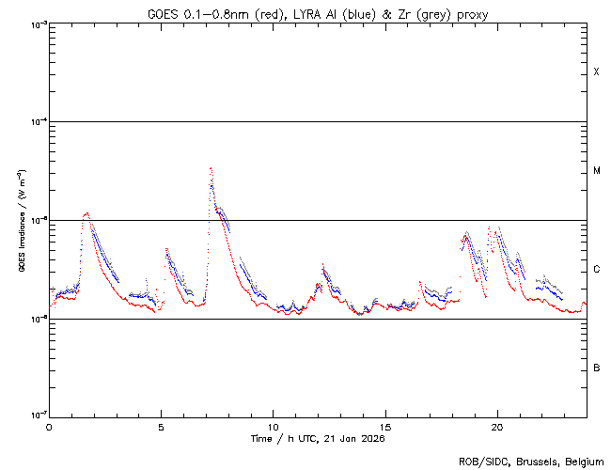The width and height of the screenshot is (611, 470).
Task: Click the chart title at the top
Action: tap(318, 13)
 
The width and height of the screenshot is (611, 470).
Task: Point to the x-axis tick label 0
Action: tap(49, 426)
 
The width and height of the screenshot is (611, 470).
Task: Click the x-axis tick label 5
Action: tap(162, 426)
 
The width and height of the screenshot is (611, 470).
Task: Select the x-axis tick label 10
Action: tap(273, 426)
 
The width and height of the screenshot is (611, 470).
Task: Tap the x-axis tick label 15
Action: tap(385, 426)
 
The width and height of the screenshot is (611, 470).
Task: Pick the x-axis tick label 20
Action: tap(497, 426)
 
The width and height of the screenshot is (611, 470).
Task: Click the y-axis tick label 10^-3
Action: tap(36, 24)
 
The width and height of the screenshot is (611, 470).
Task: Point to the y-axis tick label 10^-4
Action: tap(36, 122)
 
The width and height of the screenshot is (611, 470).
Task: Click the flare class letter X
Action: tap(596, 72)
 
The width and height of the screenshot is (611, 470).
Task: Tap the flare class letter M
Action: tap(596, 171)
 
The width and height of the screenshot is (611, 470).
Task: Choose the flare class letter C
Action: tap(596, 270)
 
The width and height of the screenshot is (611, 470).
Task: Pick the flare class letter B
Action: tap(596, 368)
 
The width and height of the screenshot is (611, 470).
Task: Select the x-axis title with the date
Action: tap(318, 439)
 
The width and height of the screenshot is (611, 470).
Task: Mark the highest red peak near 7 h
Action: tap(211, 168)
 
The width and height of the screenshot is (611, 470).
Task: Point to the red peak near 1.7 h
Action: tap(86, 213)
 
